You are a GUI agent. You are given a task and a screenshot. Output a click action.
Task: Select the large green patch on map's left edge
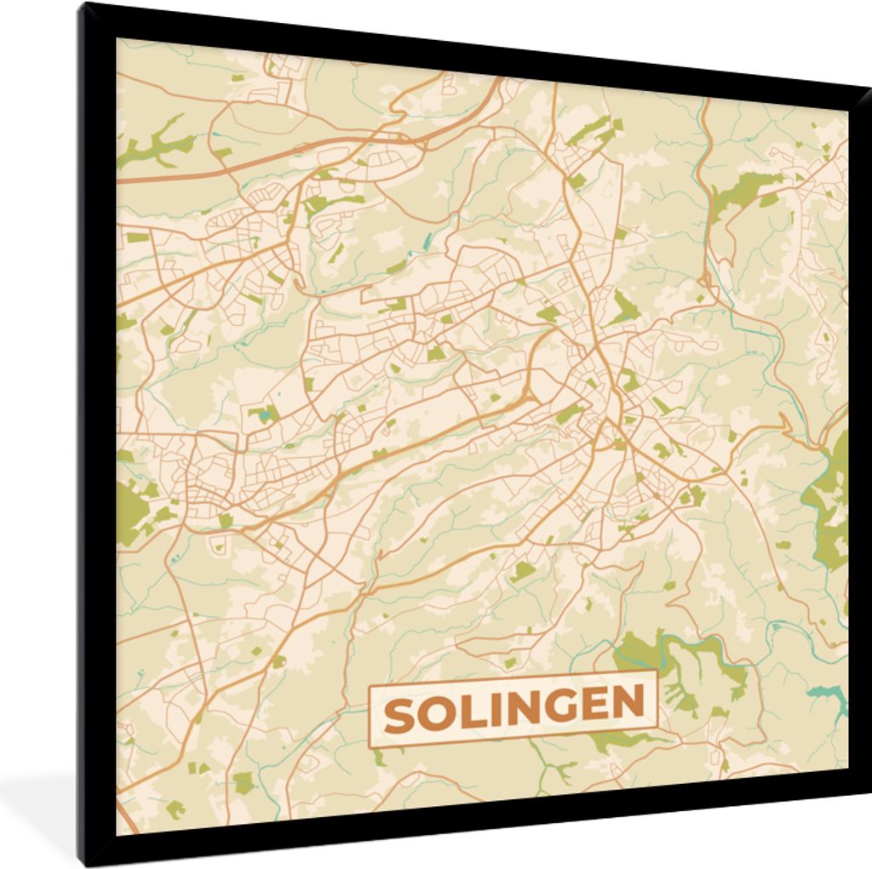pos(132,511)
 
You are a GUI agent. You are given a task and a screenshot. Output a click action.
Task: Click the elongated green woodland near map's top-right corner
pos(745,192)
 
